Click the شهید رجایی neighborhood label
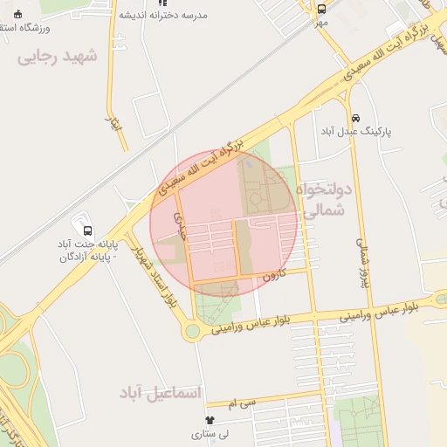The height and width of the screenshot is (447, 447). click(x=59, y=57)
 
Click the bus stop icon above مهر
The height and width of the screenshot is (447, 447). click(x=322, y=9)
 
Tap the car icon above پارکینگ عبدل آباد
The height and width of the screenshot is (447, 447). click(x=354, y=118)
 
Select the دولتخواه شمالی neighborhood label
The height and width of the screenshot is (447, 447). click(x=322, y=199)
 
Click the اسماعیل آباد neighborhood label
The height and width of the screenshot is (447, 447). click(x=160, y=394)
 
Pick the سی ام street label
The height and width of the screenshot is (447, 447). click(x=242, y=403)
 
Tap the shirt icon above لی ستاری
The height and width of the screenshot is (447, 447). click(x=210, y=421)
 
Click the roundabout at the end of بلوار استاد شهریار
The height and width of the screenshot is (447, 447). click(x=191, y=331)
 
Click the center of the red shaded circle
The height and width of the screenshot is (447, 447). click(x=225, y=225)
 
